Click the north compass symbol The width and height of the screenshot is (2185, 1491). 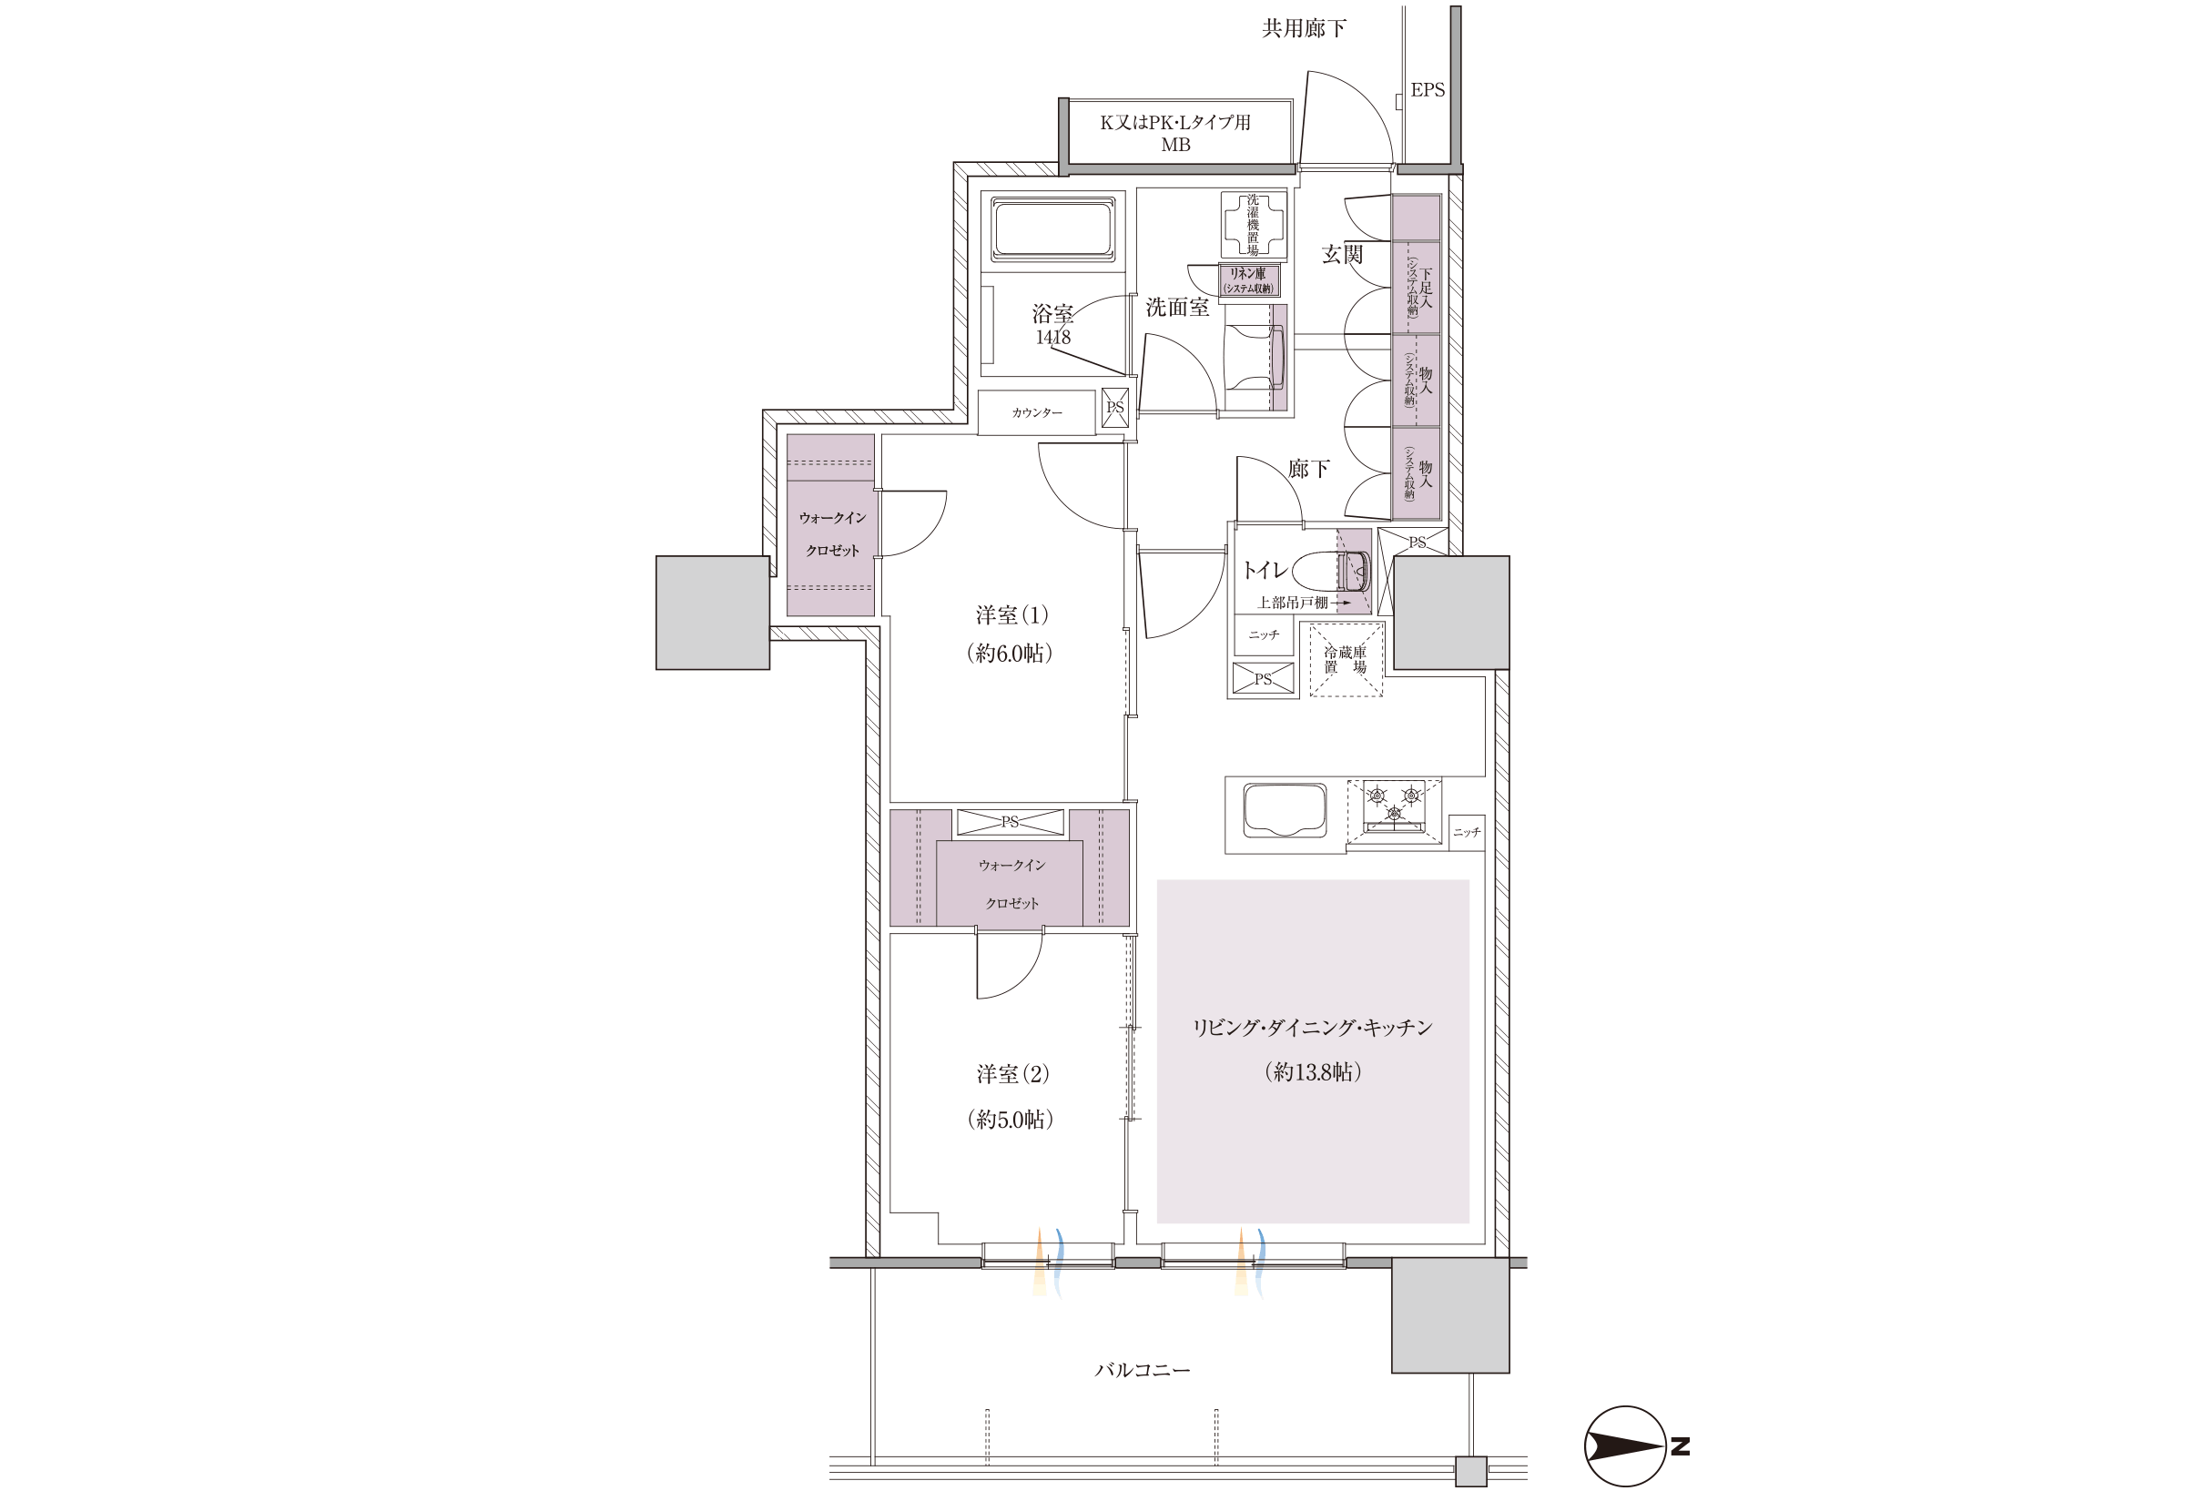coord(1626,1445)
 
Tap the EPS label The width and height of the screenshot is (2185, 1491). coord(1428,90)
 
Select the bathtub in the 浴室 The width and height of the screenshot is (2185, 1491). coord(1053,228)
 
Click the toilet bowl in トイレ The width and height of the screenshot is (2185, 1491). coord(1330,571)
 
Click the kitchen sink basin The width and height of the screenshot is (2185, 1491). coord(1285,810)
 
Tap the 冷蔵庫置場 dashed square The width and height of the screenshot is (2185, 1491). coord(1347,659)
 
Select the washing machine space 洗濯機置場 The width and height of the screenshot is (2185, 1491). coord(1254,225)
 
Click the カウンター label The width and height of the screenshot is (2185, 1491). coord(1037,412)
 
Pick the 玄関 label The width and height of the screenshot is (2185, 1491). coord(1342,254)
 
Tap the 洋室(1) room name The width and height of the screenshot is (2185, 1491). coord(1011,615)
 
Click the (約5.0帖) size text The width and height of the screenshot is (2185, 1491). coord(1010,1119)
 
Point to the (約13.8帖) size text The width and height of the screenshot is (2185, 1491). coord(1313,1071)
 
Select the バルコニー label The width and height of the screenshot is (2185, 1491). coord(1143,1370)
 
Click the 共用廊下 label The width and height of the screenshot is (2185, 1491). coord(1303,29)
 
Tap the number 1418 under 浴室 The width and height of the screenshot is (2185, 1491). coord(1053,338)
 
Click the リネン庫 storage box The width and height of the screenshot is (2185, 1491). coord(1249,280)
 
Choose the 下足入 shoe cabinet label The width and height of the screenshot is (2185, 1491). coord(1426,289)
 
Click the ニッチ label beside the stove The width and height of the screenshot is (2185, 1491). coord(1467,832)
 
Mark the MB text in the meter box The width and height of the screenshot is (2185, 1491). coord(1175,146)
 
